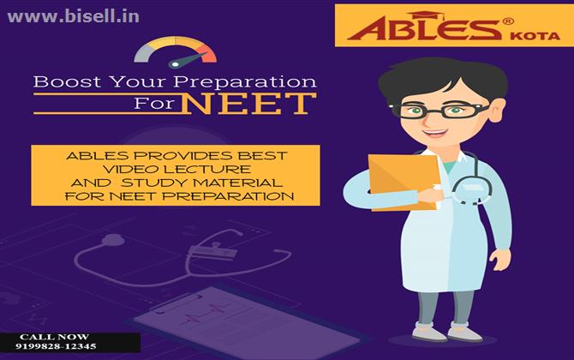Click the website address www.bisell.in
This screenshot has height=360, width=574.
(x=73, y=17)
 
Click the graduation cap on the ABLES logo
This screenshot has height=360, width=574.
(x=426, y=15)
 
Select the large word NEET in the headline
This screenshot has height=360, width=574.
(x=248, y=104)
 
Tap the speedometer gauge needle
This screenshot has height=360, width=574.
(x=188, y=60)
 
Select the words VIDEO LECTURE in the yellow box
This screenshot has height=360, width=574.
(x=176, y=169)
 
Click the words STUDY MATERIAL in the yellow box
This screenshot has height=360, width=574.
(x=201, y=183)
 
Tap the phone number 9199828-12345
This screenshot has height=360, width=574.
(x=56, y=346)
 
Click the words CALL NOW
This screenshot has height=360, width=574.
(x=54, y=337)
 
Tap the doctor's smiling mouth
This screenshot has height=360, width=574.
(x=434, y=132)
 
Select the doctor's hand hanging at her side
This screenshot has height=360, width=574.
(x=501, y=260)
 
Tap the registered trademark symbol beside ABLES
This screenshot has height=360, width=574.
(x=508, y=21)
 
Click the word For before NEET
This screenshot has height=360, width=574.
(x=154, y=103)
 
